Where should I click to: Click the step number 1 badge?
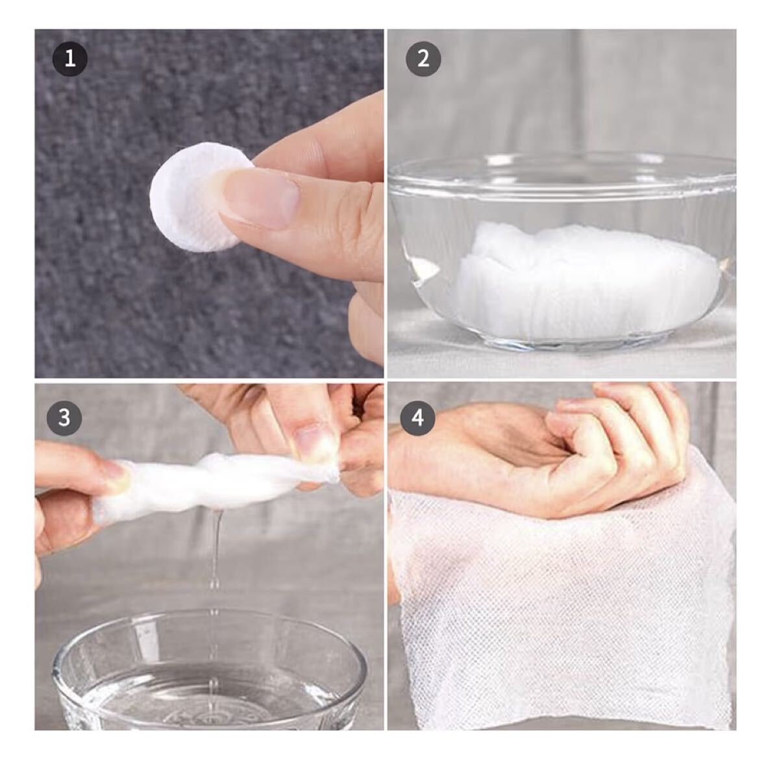click(70, 59)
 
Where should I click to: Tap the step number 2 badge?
click(423, 59)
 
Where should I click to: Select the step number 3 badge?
click(64, 418)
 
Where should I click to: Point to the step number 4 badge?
click(417, 418)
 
